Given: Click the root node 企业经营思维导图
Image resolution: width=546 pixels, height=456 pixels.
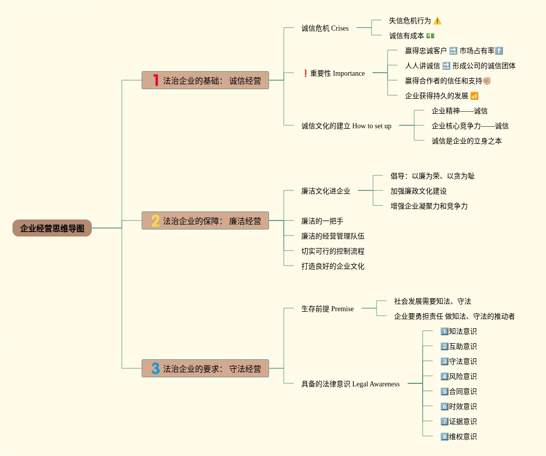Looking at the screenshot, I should (x=52, y=228).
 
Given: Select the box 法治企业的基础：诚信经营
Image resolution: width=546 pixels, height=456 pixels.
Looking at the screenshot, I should (x=205, y=80).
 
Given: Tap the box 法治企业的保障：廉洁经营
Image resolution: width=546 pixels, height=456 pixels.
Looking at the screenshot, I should (x=205, y=220).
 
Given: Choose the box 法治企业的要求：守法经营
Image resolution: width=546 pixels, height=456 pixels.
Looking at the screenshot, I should (x=205, y=368).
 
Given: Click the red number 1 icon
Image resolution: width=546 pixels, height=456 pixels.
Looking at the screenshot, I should (x=155, y=80).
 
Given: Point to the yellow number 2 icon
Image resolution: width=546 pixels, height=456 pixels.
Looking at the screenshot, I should (x=155, y=220).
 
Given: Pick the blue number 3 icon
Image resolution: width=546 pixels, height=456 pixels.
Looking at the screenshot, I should (x=155, y=368).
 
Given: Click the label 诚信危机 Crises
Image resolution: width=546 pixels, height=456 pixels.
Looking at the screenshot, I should (x=325, y=28).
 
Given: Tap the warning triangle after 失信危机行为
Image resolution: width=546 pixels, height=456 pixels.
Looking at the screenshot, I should (x=437, y=21).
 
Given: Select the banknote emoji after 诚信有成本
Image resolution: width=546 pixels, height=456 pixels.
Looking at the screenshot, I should (x=430, y=36).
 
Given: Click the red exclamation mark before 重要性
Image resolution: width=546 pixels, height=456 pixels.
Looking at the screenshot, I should (x=305, y=73).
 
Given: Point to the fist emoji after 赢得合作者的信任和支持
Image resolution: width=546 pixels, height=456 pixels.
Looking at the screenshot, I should (x=486, y=81).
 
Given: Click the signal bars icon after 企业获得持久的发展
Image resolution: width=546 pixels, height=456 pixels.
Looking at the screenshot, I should (x=474, y=96).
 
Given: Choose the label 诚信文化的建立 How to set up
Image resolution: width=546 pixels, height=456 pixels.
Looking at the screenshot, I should (x=346, y=126).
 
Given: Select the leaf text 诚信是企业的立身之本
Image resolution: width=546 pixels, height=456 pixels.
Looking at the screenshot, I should (x=466, y=141).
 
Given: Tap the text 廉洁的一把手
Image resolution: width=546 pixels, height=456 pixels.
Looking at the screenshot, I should (x=322, y=221).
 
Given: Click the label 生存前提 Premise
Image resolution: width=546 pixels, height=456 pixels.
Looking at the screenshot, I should (x=327, y=309).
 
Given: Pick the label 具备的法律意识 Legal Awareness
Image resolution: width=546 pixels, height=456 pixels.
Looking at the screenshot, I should (x=350, y=384).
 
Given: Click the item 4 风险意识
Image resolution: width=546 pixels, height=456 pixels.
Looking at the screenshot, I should (x=458, y=376).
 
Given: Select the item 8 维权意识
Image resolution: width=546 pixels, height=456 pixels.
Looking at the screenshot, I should (x=458, y=436).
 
